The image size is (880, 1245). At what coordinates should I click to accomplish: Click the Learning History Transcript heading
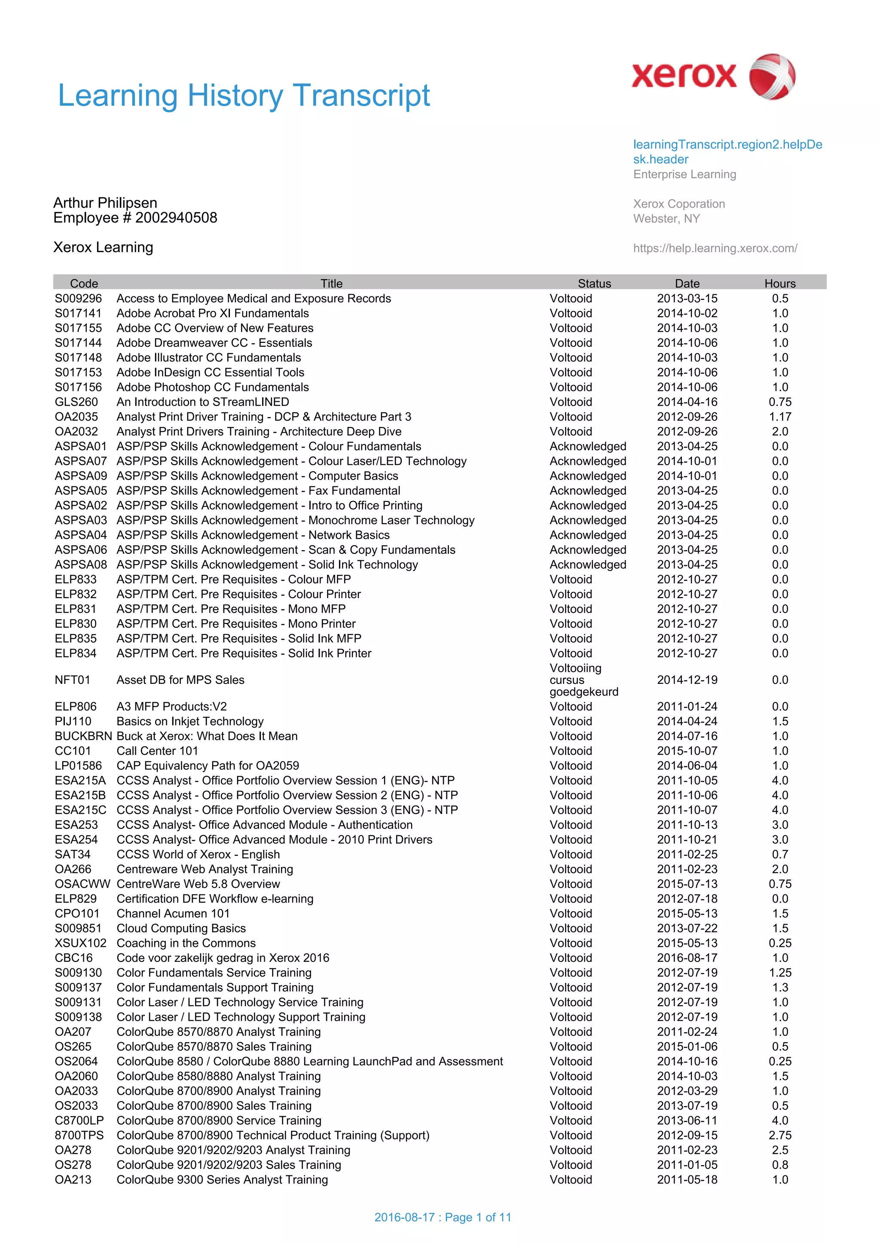(x=244, y=95)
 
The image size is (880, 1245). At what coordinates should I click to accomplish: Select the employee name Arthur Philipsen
(x=105, y=203)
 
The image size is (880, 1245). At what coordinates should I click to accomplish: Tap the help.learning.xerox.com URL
(x=715, y=248)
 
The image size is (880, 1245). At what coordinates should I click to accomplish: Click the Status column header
(x=594, y=283)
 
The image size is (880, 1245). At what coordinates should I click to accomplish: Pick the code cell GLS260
(x=76, y=402)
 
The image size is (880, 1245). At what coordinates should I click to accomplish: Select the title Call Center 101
(x=157, y=751)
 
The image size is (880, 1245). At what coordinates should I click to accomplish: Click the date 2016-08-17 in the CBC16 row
(x=687, y=958)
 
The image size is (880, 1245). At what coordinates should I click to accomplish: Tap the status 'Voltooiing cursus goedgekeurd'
(x=584, y=680)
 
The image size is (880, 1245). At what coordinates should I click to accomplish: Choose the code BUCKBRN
(x=83, y=736)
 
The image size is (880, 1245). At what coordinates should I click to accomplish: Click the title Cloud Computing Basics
(x=181, y=928)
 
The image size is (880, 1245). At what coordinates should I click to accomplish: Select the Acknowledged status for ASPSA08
(x=588, y=565)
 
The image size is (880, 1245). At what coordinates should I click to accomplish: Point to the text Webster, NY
(x=666, y=219)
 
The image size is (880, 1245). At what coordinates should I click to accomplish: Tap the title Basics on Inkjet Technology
(x=190, y=721)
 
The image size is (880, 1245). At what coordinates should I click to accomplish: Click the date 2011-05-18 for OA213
(x=687, y=1179)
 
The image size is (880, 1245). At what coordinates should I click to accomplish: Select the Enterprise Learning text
(x=684, y=174)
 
